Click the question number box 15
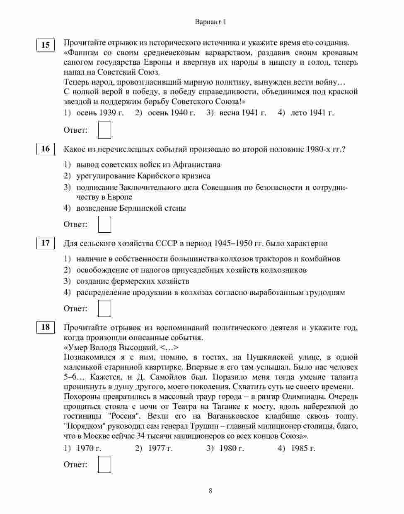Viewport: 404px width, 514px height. [45, 45]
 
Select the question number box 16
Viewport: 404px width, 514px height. [45, 149]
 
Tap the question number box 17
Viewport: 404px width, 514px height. [45, 243]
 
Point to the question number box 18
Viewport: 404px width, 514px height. [45, 327]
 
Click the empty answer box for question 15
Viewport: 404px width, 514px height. [104, 130]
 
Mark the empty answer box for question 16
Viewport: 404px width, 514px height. [104, 224]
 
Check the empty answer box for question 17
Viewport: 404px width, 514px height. [104, 308]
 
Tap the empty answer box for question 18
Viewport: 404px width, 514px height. [104, 464]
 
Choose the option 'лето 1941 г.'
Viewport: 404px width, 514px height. [312, 112]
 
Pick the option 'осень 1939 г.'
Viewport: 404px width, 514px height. [100, 112]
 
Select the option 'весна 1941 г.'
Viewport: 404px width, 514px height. [242, 112]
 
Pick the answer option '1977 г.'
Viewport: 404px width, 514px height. [160, 448]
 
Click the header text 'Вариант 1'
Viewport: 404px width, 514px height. [210, 22]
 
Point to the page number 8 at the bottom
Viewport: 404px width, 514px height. [210, 491]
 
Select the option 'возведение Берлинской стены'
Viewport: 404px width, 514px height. [131, 208]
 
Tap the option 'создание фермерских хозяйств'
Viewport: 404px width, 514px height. [133, 281]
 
